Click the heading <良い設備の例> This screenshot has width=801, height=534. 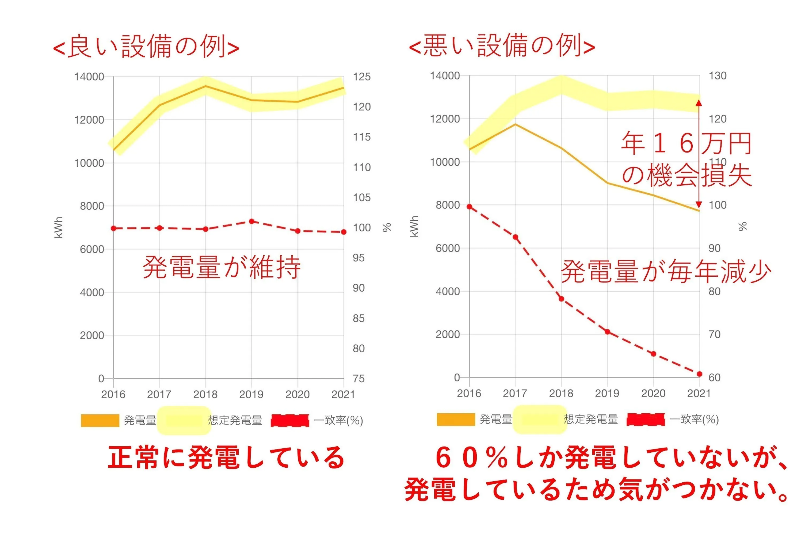(x=146, y=46)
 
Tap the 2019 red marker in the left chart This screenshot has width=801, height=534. (x=252, y=221)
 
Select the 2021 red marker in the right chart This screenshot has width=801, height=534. (x=700, y=374)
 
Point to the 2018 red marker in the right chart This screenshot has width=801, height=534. (x=562, y=299)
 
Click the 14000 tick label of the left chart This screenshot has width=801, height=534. (x=89, y=77)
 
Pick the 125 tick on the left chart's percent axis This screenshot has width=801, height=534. (x=362, y=77)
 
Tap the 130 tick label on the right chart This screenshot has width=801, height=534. (x=718, y=76)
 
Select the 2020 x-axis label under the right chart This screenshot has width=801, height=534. (x=653, y=393)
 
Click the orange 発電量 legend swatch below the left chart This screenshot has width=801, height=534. (x=100, y=420)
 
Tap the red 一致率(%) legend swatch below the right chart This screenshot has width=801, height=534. (x=646, y=419)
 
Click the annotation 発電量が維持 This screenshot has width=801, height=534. (x=222, y=267)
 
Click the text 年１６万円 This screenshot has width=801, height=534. (x=686, y=143)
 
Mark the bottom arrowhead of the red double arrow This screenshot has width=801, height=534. (x=699, y=204)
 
